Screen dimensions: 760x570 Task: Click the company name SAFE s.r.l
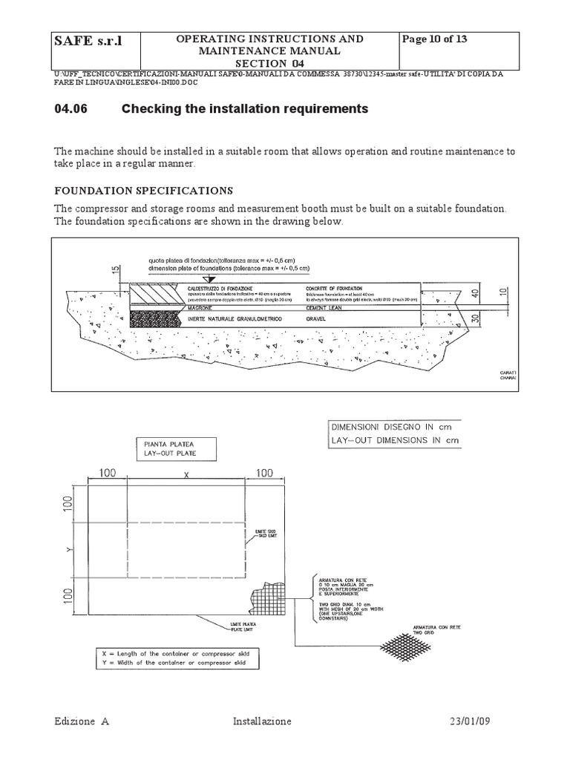point(88,41)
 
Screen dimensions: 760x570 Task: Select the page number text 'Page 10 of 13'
point(434,39)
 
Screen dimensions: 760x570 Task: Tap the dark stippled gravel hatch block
point(153,318)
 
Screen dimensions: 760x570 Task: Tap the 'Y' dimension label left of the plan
point(67,550)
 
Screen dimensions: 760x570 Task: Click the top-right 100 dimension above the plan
point(265,473)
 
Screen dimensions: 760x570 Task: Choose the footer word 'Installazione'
point(262,722)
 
